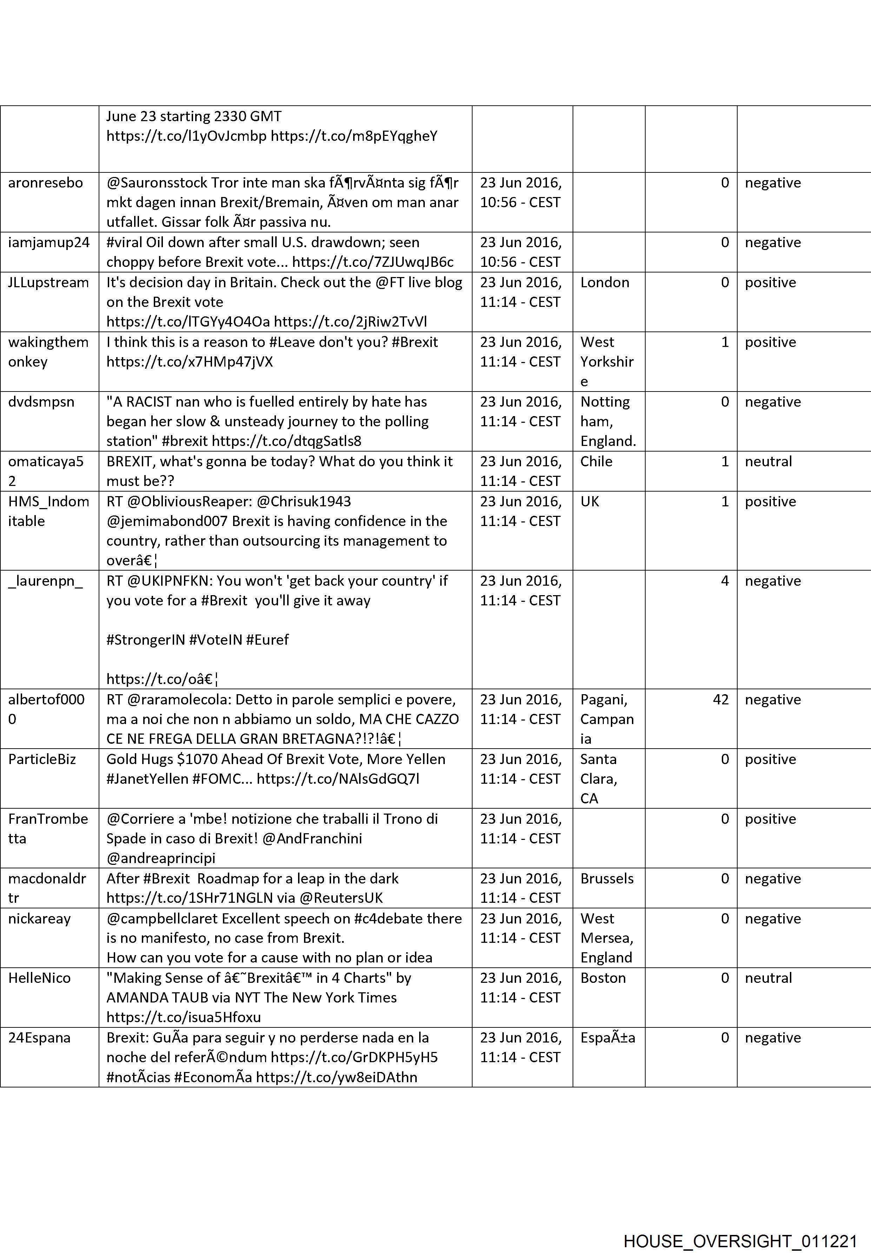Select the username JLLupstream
pyautogui.click(x=48, y=282)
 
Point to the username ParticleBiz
pyautogui.click(x=42, y=759)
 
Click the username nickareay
pyautogui.click(x=39, y=919)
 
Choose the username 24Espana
pyautogui.click(x=39, y=1038)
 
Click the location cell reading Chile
pyautogui.click(x=596, y=461)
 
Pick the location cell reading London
pyautogui.click(x=605, y=282)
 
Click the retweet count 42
pyautogui.click(x=720, y=700)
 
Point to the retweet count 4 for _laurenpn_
pyautogui.click(x=725, y=581)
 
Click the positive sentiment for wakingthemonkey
pyautogui.click(x=770, y=342)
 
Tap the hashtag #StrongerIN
pyautogui.click(x=146, y=640)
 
